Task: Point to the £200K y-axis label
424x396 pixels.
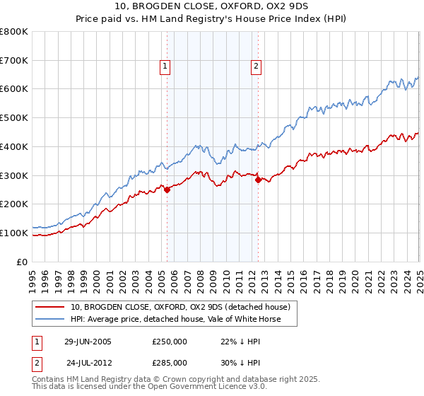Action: [14, 204]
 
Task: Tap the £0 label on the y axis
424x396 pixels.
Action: [22, 262]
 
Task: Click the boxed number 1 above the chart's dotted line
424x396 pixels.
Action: [165, 67]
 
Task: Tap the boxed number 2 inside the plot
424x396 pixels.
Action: [255, 67]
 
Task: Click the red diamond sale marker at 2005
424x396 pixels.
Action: [167, 190]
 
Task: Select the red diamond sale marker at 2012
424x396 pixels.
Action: [258, 180]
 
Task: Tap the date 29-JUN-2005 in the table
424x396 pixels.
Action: [88, 342]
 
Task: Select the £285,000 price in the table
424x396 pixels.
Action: [169, 362]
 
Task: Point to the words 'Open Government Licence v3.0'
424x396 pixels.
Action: [176, 388]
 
